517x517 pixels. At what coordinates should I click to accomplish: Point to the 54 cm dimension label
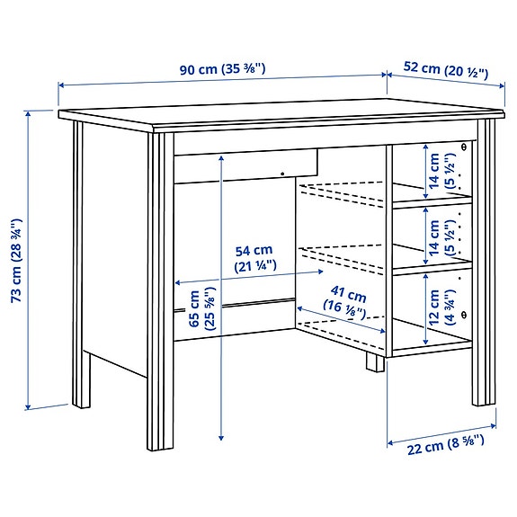[254, 258]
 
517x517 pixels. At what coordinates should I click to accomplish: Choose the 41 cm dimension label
[349, 302]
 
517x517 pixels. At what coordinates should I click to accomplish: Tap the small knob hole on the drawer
[281, 174]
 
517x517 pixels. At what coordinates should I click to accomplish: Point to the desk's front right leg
[485, 270]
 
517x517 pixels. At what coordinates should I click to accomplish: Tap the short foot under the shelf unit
[371, 362]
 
